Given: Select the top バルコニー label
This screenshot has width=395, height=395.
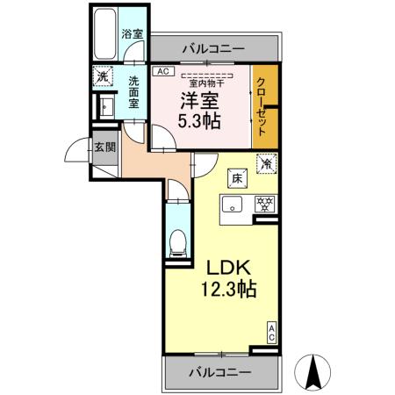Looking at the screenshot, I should (213, 49).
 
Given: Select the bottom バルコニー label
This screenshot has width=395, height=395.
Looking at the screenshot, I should (219, 372).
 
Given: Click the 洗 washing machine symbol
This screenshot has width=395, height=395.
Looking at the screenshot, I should (104, 76).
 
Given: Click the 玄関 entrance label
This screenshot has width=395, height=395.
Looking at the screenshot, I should (104, 148).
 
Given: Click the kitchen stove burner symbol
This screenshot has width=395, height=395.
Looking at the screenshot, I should (262, 204).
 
